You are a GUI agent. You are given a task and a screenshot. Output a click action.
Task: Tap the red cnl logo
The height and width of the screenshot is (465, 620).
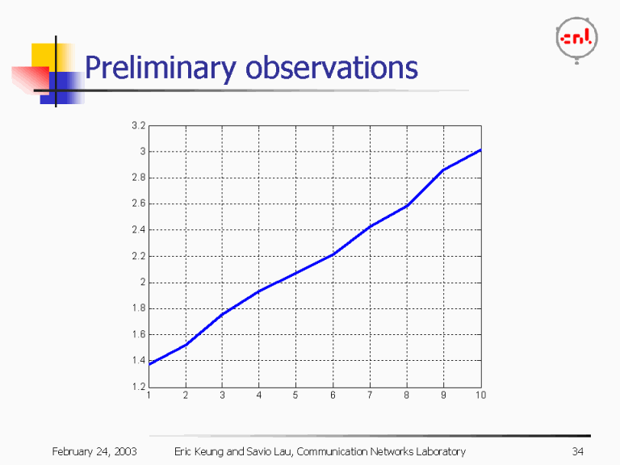[576, 38]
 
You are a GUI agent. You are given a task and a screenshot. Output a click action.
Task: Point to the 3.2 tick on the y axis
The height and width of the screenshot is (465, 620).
[138, 126]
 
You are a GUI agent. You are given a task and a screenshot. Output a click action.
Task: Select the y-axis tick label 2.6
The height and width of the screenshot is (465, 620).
[138, 204]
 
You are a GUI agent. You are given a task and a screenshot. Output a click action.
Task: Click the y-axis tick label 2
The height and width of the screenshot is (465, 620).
[142, 283]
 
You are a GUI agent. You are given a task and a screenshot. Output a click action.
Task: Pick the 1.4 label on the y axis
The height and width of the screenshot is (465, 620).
[138, 361]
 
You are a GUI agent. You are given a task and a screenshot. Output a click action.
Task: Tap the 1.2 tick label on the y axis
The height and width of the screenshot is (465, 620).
[138, 387]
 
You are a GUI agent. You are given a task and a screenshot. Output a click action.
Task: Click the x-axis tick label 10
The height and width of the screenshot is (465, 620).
[480, 396]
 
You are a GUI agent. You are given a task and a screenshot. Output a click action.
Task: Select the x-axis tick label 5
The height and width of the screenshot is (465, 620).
[295, 396]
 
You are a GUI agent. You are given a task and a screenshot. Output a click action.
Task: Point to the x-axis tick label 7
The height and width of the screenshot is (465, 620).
[370, 396]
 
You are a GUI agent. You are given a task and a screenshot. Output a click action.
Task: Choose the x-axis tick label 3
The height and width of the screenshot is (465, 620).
[222, 396]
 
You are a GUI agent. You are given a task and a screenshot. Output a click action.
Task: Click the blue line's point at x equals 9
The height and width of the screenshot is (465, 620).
[443, 170]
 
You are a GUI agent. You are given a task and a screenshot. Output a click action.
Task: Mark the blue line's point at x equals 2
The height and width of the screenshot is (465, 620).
[186, 346]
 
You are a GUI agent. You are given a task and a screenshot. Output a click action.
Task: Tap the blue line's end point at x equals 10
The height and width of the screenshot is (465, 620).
[480, 150]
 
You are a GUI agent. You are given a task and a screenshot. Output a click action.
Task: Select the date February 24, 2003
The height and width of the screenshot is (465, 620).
[94, 451]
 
